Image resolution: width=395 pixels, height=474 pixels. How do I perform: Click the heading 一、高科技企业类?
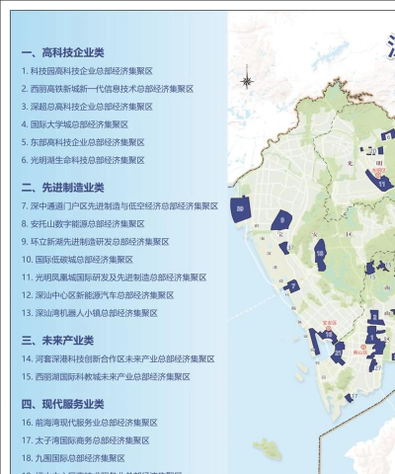pos(62,52)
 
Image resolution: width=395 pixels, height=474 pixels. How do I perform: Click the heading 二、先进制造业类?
pos(62,187)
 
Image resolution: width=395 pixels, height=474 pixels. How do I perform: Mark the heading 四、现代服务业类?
pos(62,404)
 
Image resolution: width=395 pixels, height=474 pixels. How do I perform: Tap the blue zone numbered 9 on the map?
pos(284,222)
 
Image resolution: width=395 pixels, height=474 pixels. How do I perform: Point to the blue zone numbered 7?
pos(294,286)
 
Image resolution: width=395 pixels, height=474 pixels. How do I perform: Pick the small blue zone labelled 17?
pos(351,398)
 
